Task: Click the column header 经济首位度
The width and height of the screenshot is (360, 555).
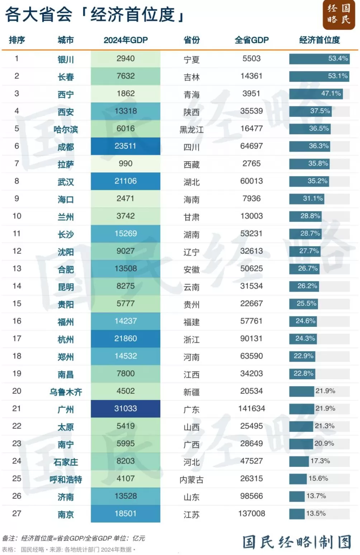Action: (319, 40)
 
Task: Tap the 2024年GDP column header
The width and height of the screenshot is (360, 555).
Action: (125, 40)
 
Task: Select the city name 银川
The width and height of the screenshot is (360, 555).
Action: (66, 59)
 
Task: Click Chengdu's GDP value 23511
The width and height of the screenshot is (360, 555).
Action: (125, 146)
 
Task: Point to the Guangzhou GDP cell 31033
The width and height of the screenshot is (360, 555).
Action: (125, 408)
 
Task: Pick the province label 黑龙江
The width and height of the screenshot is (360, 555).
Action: (191, 129)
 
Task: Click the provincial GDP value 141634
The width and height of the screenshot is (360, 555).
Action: (251, 408)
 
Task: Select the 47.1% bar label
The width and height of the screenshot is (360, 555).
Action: (331, 94)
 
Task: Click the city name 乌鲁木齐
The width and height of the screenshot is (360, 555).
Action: (66, 392)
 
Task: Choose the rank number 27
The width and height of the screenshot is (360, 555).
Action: (16, 513)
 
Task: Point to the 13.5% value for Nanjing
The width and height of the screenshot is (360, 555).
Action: (316, 513)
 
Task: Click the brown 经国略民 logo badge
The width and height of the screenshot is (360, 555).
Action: (338, 14)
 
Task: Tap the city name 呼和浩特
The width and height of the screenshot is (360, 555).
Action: (66, 479)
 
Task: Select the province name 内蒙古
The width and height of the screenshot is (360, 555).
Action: (191, 479)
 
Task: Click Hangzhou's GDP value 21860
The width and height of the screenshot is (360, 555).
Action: (125, 339)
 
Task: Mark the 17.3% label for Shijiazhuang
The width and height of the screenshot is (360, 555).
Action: (320, 461)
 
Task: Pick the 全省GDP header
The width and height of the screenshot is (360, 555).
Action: (251, 40)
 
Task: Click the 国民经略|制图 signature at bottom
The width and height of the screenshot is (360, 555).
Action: (297, 542)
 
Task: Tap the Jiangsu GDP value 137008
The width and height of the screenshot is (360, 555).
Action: (251, 513)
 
